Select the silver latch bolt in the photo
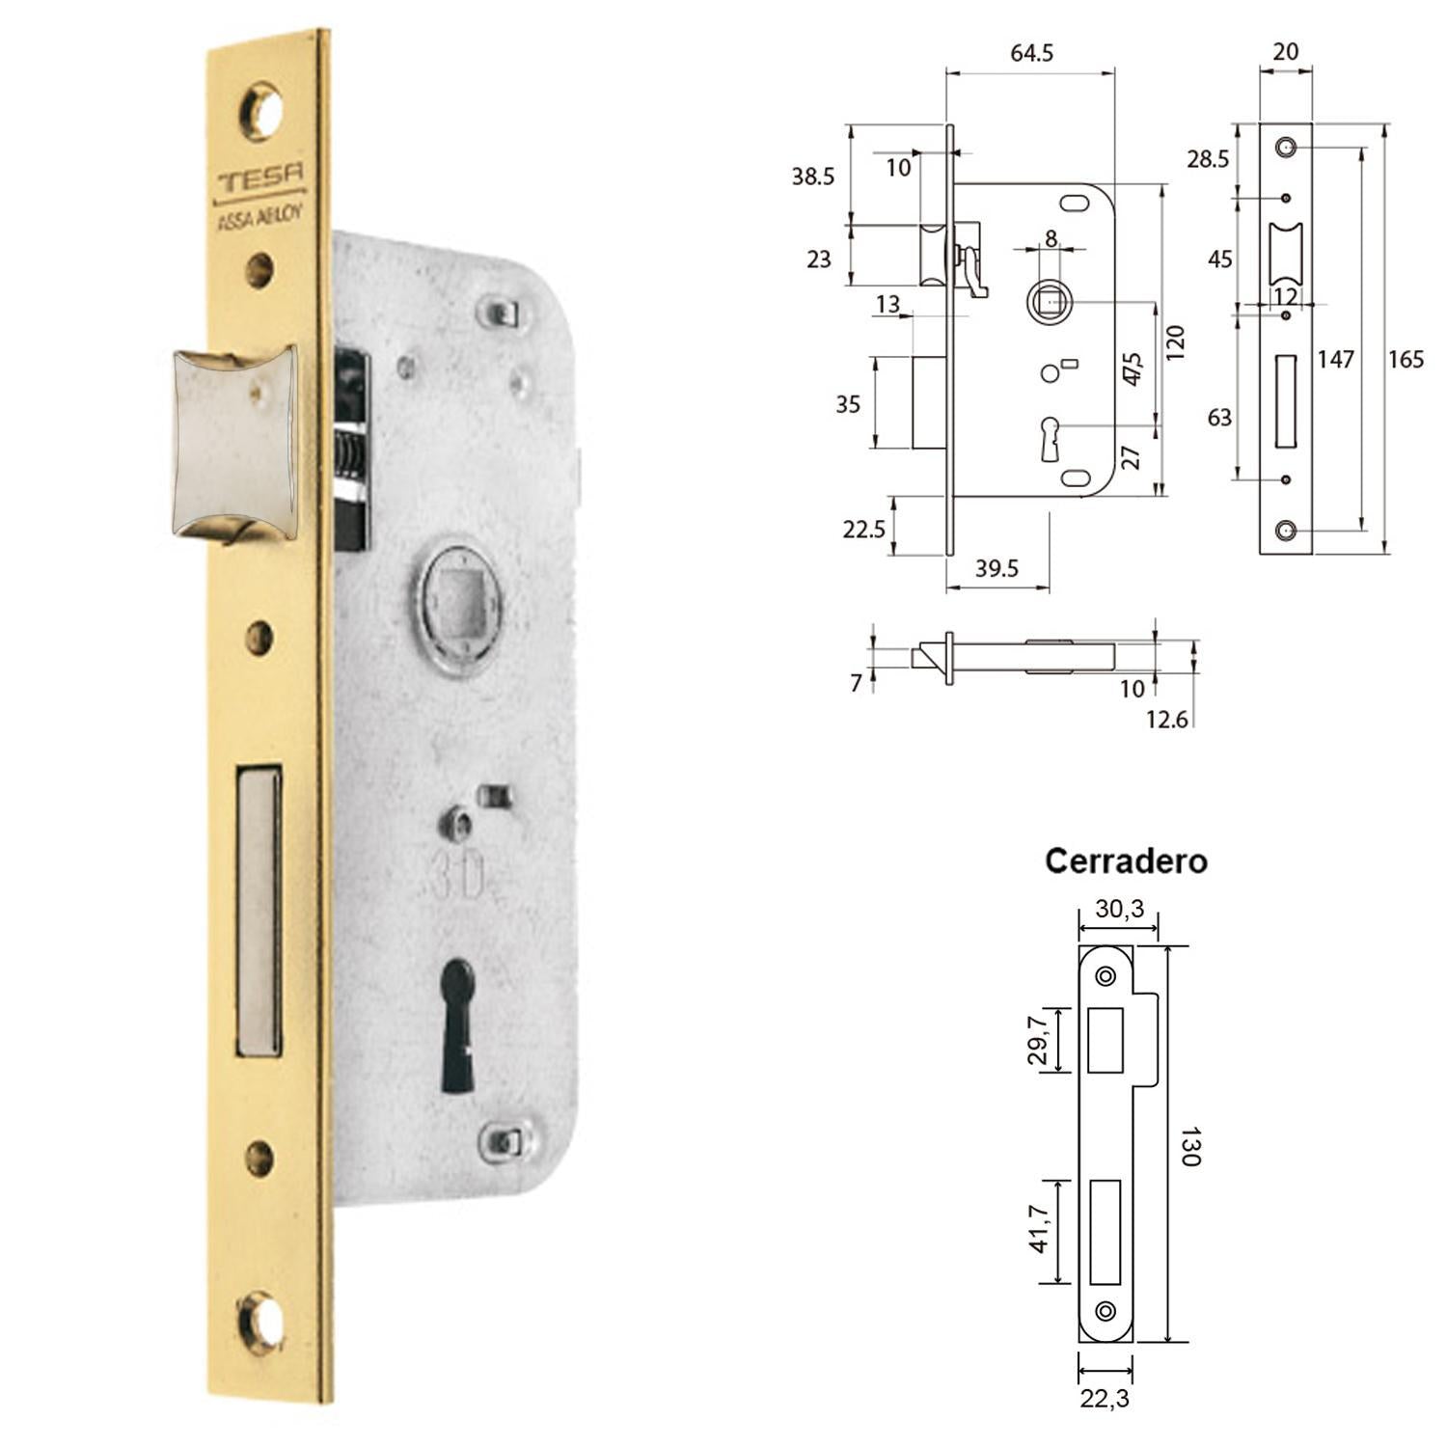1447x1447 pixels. pyautogui.click(x=234, y=443)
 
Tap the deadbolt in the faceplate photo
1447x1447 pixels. pyautogui.click(x=258, y=910)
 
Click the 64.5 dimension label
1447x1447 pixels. pyautogui.click(x=1031, y=53)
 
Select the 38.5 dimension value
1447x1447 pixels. pyautogui.click(x=812, y=177)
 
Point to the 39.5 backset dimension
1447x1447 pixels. pyautogui.click(x=997, y=568)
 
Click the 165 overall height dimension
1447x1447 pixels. pyautogui.click(x=1406, y=360)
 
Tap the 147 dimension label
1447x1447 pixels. pyautogui.click(x=1336, y=360)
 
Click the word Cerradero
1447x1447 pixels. pyautogui.click(x=1126, y=860)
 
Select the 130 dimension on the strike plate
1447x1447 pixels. pyautogui.click(x=1189, y=1146)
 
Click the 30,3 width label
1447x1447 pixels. pyautogui.click(x=1119, y=909)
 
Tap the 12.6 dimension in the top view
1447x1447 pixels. pyautogui.click(x=1166, y=719)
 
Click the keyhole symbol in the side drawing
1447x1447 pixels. pyautogui.click(x=1051, y=438)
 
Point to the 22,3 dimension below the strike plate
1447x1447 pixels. pyautogui.click(x=1105, y=1398)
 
